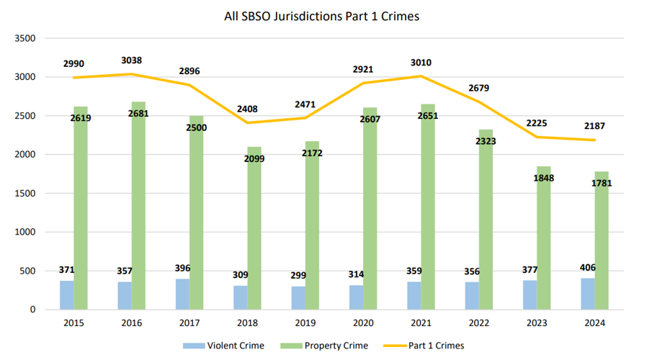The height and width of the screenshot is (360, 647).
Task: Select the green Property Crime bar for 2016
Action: [138, 209]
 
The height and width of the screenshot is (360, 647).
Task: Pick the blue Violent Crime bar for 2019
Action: [298, 298]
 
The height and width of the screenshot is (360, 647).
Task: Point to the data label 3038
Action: [131, 61]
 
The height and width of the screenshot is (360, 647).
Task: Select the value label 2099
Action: [254, 158]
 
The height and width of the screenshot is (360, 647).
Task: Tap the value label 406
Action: [588, 268]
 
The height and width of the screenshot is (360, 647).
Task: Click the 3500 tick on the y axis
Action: [25, 38]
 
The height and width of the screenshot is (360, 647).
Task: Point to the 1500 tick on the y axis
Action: [25, 194]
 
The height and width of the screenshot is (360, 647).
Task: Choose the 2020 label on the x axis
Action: [362, 323]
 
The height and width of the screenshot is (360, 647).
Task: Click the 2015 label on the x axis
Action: [73, 323]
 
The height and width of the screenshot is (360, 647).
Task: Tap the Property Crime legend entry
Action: [329, 346]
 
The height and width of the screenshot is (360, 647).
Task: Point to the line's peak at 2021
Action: [421, 76]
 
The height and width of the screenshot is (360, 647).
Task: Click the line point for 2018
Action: [247, 122]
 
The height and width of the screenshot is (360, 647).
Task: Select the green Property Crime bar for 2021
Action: [428, 209]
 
